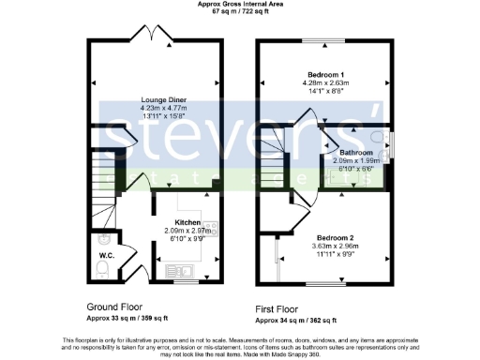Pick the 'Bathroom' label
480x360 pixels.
[x=356, y=152]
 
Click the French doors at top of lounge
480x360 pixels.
[x=156, y=34]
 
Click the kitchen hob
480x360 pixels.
[x=211, y=228]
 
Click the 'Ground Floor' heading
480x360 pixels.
[x=115, y=306]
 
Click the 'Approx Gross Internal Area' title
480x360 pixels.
[x=239, y=5]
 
